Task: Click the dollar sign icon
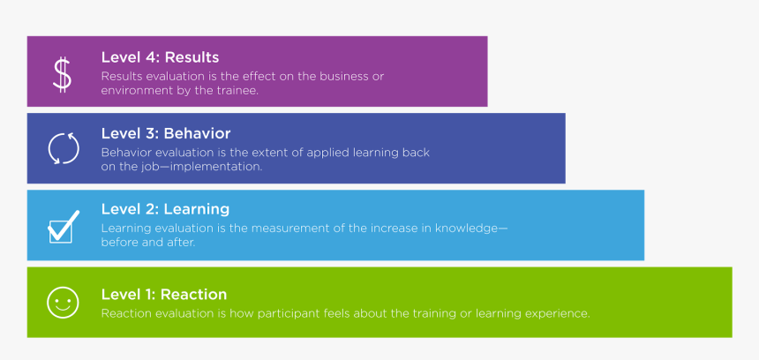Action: (62, 74)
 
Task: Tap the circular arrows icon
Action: (63, 148)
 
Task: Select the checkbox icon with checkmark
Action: (63, 227)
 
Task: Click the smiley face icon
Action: (62, 304)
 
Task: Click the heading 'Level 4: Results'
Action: (160, 57)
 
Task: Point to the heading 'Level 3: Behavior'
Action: (166, 133)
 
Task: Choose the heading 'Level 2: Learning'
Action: (165, 209)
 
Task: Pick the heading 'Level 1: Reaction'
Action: (164, 294)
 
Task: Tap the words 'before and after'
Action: (148, 243)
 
